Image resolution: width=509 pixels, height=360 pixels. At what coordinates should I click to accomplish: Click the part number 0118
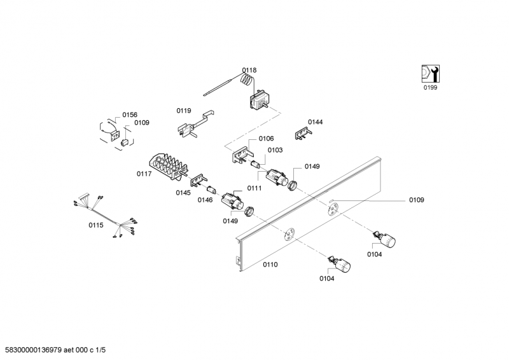[x=249, y=70]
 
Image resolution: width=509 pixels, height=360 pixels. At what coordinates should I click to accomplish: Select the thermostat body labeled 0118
[x=260, y=100]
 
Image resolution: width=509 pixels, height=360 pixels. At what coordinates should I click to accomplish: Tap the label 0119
[x=184, y=111]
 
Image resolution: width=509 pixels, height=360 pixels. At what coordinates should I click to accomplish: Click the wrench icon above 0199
[x=431, y=74]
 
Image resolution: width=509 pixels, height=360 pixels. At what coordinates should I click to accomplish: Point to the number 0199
[x=431, y=88]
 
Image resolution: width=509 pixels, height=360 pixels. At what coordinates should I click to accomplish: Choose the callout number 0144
[x=315, y=121]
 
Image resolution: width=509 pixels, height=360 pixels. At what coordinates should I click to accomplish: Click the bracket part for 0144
[x=302, y=133]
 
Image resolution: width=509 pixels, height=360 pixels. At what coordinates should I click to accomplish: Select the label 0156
[x=130, y=114]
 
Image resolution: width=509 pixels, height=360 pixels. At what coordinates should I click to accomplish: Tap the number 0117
[x=144, y=173]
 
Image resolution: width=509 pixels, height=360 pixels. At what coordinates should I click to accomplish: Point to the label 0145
[x=183, y=193]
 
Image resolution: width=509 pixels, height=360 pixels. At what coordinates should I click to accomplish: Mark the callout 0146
[x=204, y=200]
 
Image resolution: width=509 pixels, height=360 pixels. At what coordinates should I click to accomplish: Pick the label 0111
[x=254, y=188]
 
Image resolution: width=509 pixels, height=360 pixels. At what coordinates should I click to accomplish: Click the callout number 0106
[x=266, y=139]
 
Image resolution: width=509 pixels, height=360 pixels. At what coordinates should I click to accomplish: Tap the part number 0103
[x=275, y=150]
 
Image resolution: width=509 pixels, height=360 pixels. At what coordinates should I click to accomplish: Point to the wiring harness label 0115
[x=95, y=225]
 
